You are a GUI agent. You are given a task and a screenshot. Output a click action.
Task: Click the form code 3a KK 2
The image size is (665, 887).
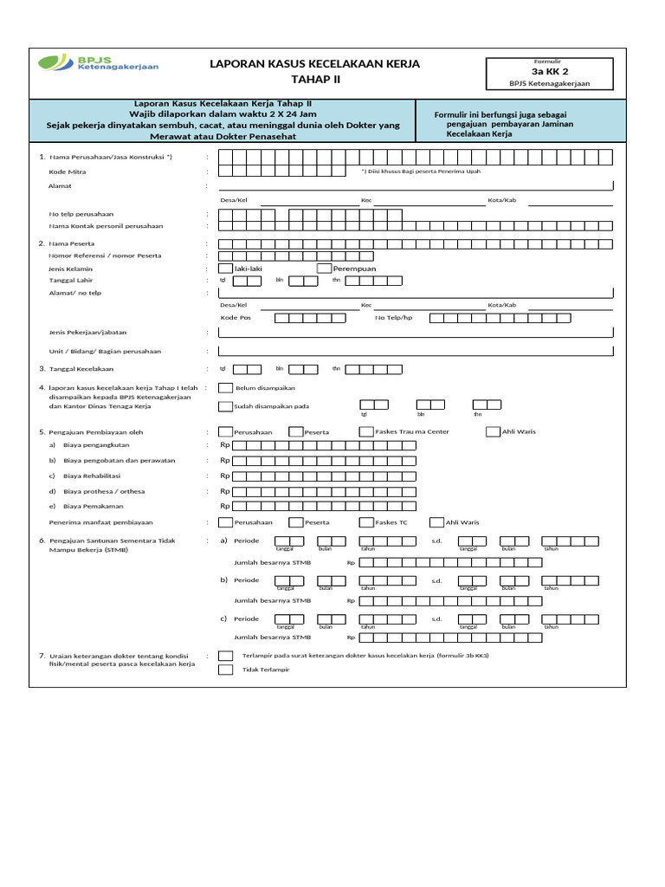(550, 71)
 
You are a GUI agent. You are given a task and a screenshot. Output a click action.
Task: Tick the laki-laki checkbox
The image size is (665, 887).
(226, 269)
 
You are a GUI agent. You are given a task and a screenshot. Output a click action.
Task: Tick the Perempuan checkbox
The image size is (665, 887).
(325, 269)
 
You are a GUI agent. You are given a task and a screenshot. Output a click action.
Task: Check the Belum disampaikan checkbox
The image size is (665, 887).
(226, 388)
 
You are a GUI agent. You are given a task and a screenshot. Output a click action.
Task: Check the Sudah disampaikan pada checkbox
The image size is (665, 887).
(226, 406)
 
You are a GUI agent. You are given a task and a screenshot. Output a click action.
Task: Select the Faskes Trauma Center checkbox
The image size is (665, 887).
(366, 431)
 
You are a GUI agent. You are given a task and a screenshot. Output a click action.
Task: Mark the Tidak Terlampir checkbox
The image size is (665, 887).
(226, 670)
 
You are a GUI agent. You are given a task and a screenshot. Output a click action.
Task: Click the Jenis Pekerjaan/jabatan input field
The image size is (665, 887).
(416, 332)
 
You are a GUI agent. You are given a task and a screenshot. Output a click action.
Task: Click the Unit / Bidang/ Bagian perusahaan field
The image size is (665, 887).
(416, 351)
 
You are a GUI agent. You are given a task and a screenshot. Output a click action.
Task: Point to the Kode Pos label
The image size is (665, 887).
(235, 318)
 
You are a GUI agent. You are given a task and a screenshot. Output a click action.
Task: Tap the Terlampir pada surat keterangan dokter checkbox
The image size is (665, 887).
(226, 656)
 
